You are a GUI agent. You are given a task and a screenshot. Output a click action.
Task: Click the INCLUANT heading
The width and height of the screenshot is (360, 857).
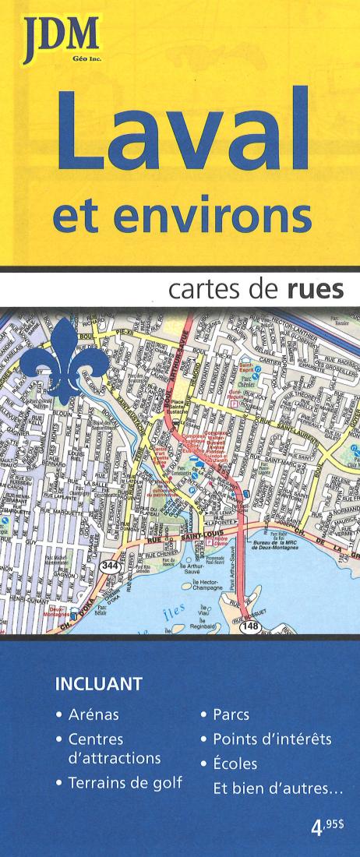click(98, 685)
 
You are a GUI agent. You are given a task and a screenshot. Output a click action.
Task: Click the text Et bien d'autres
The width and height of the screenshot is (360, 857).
click(277, 788)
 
